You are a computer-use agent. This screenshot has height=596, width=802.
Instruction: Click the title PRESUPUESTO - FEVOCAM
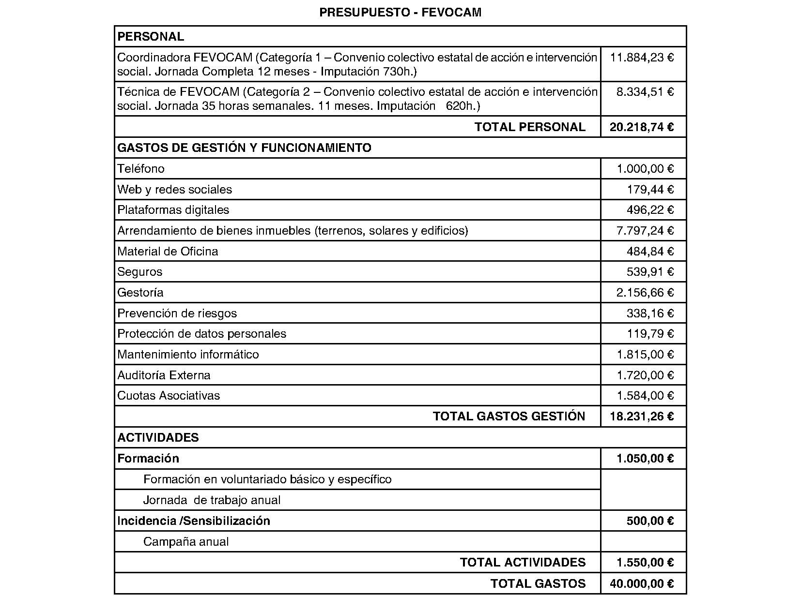coord(401,13)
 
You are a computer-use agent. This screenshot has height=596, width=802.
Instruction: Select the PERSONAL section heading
coord(151,37)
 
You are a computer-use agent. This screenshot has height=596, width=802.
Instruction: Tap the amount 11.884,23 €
coord(642,58)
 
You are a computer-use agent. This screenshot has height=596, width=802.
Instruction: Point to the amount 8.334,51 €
coord(645,92)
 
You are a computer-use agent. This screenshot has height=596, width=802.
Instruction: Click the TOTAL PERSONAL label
coord(530,127)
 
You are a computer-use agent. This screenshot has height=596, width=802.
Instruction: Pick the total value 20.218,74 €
coord(642,127)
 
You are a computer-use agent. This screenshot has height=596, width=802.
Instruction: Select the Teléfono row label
coord(141,169)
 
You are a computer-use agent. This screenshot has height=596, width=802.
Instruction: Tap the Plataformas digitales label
coord(173,210)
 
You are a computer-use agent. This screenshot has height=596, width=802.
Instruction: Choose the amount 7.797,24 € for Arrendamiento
coord(645,231)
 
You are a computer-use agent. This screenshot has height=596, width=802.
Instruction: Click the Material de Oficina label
coord(168,252)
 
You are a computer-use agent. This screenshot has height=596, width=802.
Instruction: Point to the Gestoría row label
coord(140,293)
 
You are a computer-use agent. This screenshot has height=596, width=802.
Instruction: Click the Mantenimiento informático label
coord(188,355)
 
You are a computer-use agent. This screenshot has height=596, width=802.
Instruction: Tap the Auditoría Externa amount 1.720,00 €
coord(645,375)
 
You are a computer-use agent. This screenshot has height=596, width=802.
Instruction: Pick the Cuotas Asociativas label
coord(169,396)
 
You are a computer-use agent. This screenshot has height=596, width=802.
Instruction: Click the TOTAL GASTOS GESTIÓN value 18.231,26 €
coord(642,417)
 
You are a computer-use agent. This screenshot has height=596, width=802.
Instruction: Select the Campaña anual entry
coord(186,542)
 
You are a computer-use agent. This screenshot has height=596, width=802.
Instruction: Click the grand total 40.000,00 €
coord(642,584)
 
